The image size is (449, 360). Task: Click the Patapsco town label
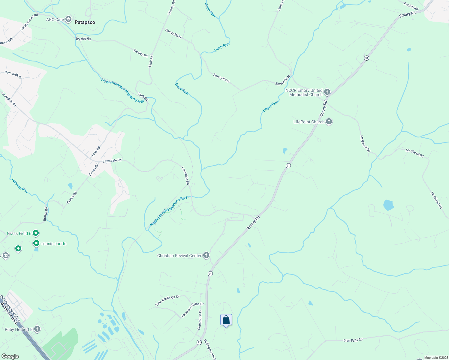click(85, 22)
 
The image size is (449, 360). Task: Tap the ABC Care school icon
click(68, 19)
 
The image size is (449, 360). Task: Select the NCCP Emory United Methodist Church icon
click(327, 92)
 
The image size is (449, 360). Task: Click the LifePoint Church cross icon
click(329, 121)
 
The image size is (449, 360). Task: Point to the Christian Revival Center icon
click(206, 255)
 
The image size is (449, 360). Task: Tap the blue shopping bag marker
click(226, 320)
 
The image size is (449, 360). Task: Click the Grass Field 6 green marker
click(36, 233)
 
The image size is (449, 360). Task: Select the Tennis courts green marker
click(36, 243)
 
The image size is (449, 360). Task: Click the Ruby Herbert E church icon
click(37, 329)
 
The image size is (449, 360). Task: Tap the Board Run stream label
click(270, 106)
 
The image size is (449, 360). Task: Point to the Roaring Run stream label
click(20, 186)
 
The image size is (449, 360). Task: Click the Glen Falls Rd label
click(353, 340)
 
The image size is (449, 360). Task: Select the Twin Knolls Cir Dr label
click(167, 300)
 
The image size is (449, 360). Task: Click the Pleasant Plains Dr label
click(192, 310)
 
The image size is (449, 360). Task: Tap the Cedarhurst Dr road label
click(200, 320)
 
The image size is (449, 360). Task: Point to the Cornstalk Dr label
click(13, 75)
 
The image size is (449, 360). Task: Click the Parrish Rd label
click(411, 6)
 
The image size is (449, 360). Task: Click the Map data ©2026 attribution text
click(435, 358)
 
